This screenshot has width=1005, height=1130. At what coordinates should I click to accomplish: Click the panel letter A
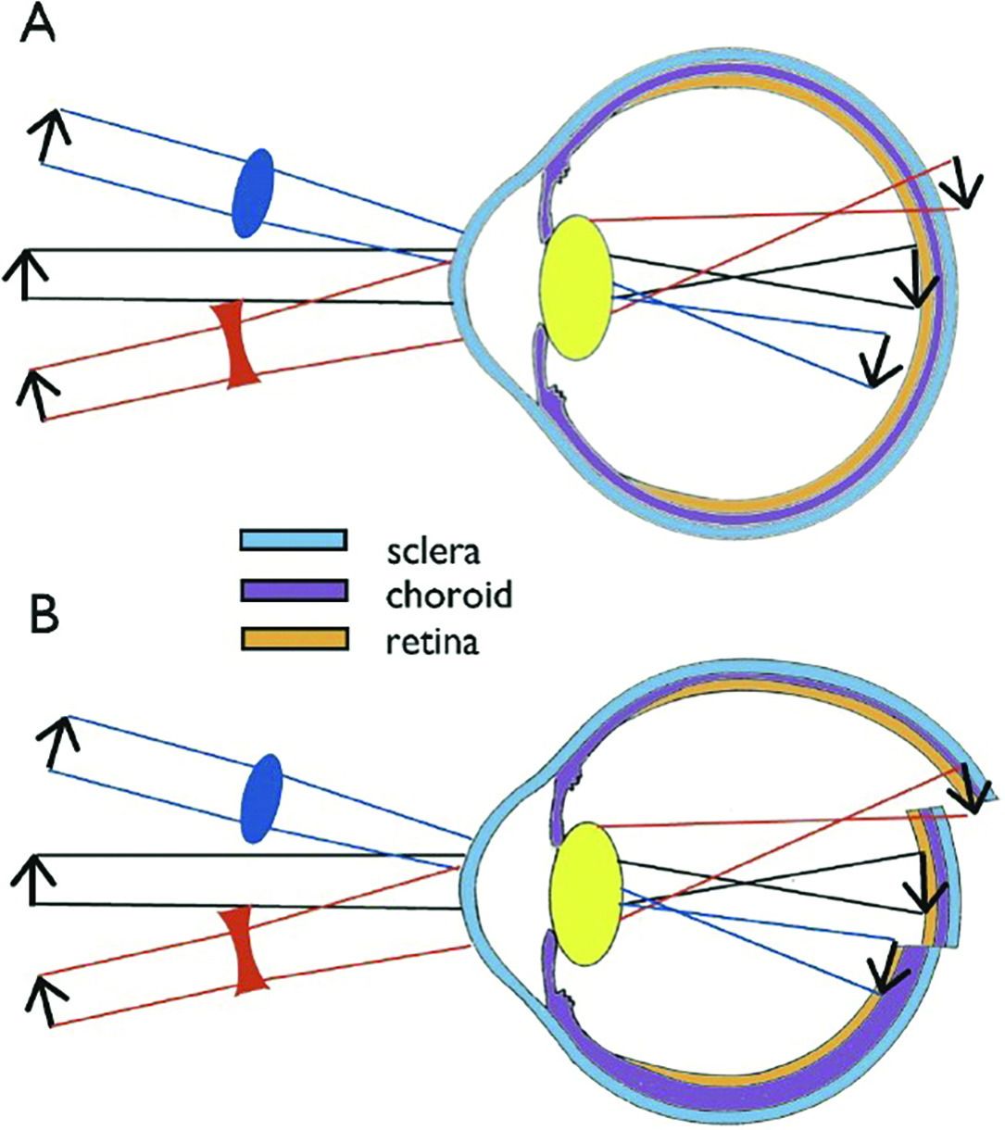pyautogui.click(x=37, y=27)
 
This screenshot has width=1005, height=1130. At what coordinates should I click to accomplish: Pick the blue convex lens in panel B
pyautogui.click(x=260, y=798)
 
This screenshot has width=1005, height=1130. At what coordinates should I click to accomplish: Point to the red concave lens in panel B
pyautogui.click(x=246, y=951)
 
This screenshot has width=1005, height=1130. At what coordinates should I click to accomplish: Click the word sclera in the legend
pyautogui.click(x=433, y=553)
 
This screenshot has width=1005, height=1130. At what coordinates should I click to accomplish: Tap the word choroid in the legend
pyautogui.click(x=448, y=595)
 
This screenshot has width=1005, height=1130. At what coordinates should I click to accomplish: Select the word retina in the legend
pyautogui.click(x=432, y=641)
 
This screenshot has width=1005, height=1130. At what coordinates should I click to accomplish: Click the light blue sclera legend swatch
pyautogui.click(x=294, y=540)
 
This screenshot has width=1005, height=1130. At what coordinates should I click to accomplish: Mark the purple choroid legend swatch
pyautogui.click(x=294, y=589)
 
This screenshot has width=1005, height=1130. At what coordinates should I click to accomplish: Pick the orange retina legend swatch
pyautogui.click(x=294, y=639)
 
